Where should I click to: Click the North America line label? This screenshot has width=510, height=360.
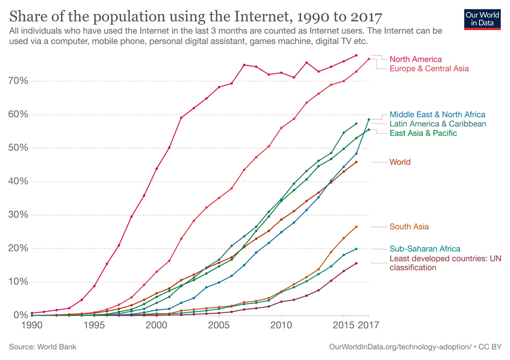[x=415, y=59]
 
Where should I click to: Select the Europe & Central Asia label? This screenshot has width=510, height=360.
[x=429, y=68]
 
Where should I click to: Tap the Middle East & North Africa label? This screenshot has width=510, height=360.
[x=437, y=114]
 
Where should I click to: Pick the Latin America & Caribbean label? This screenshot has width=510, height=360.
[x=438, y=124]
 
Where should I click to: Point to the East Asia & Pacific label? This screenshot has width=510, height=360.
[x=424, y=133]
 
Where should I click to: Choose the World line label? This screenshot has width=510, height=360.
[x=400, y=162]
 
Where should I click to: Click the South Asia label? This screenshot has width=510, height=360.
[x=409, y=226]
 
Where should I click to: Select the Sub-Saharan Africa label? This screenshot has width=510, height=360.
[x=425, y=249]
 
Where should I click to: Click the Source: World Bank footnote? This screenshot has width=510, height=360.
[x=43, y=347]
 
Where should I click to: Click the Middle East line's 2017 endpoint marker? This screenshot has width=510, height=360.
[x=369, y=119]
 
